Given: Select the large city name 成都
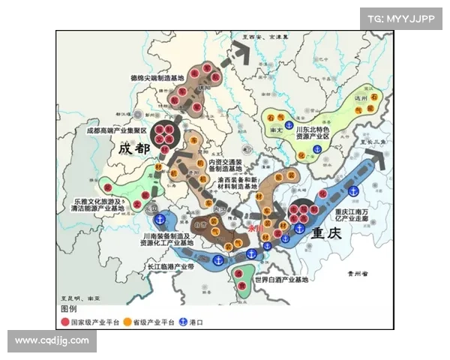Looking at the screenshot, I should click(x=135, y=149).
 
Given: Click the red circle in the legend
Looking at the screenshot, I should click(x=64, y=322).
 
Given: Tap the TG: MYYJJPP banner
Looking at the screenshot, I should click(x=400, y=18).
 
